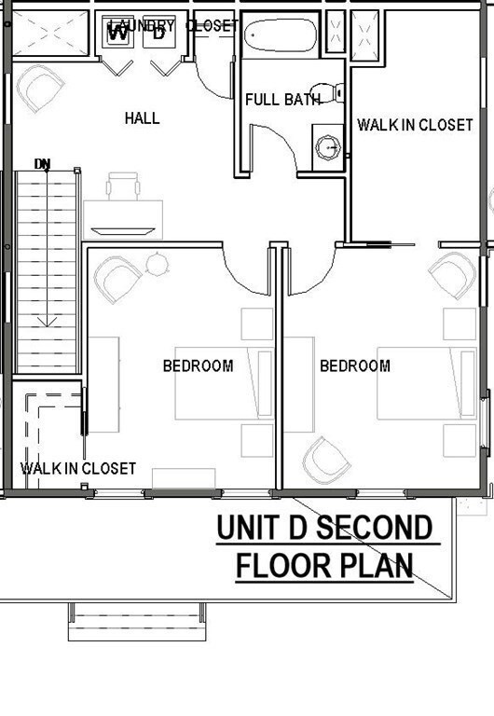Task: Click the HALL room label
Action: pyautogui.click(x=142, y=118)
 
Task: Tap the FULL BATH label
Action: pyautogui.click(x=277, y=100)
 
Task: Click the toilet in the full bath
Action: pyautogui.click(x=326, y=94)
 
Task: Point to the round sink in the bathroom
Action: pyautogui.click(x=327, y=146)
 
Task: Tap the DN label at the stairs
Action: pyautogui.click(x=43, y=164)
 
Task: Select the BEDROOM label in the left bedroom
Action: pyautogui.click(x=198, y=366)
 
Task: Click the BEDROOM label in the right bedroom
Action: pyautogui.click(x=355, y=366)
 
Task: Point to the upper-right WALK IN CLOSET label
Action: pyautogui.click(x=416, y=125)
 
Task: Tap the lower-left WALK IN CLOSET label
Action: pyautogui.click(x=78, y=468)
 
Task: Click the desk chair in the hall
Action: pyautogui.click(x=123, y=186)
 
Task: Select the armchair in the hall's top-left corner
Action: pyautogui.click(x=39, y=89)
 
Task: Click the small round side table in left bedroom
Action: pyautogui.click(x=156, y=265)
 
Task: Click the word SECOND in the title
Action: pyautogui.click(x=372, y=529)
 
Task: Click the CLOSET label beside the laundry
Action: pyautogui.click(x=212, y=26)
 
